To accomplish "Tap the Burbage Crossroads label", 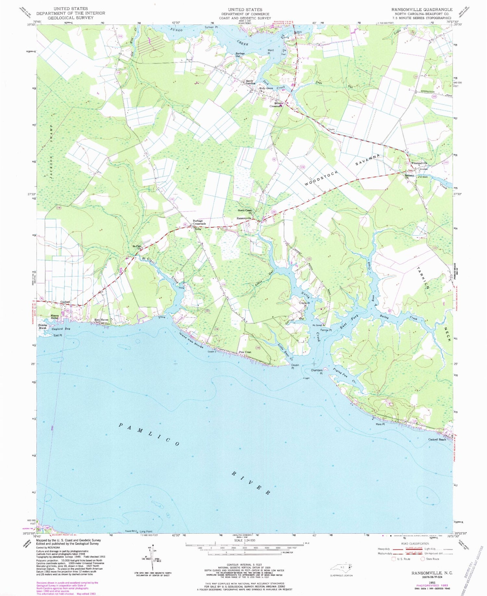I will point(199,222).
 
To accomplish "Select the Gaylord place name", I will point(65,302).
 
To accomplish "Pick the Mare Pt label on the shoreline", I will point(380,424).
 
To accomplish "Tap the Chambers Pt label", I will point(317,372).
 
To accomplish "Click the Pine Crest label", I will point(245,352).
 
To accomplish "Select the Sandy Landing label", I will point(250,82).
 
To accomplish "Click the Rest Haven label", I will point(101,320).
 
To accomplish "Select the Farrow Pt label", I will point(327,330).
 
